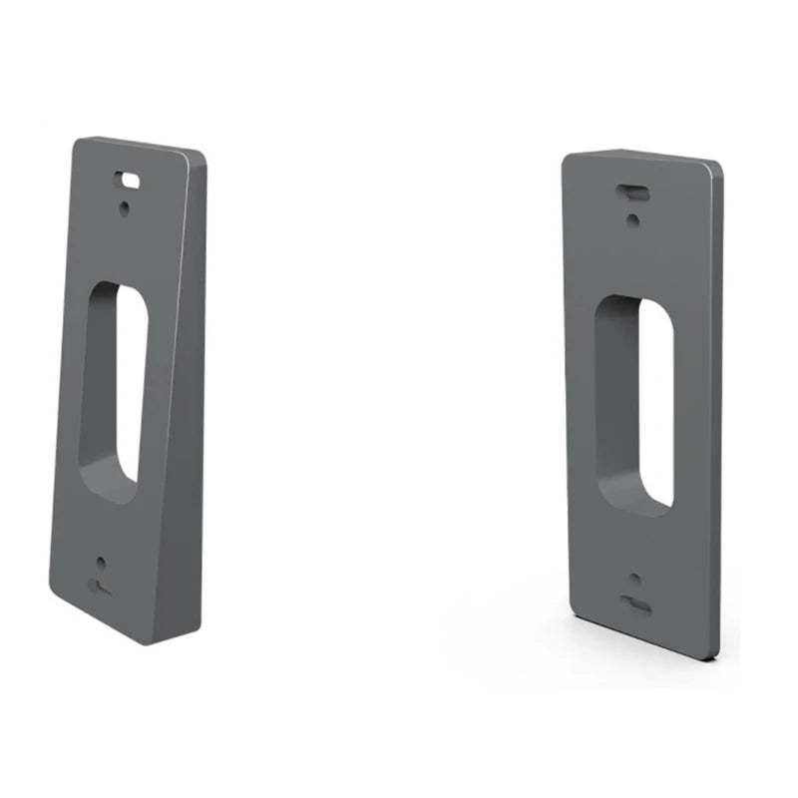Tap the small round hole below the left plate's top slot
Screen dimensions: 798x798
coord(124,207)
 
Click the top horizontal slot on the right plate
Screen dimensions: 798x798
coord(633,189)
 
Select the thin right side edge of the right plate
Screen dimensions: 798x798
coord(718,409)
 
